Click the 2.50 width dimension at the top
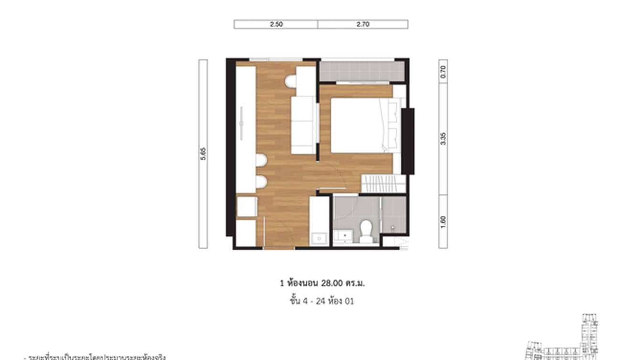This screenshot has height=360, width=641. [x=276, y=24]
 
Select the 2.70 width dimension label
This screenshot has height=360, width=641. [x=363, y=24]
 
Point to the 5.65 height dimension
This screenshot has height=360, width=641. [x=203, y=154]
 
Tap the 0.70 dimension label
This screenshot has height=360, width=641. [x=443, y=71]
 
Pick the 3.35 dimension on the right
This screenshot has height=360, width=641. [x=443, y=139]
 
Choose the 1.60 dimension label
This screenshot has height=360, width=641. [x=443, y=221]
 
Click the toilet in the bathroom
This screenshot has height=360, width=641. [x=366, y=230]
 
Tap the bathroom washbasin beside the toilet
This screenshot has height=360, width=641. [x=342, y=235]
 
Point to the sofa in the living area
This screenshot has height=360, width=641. [x=303, y=125]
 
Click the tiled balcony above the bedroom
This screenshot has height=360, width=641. [x=362, y=72]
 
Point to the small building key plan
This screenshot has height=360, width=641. [x=573, y=339]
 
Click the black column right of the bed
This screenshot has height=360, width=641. [x=407, y=141]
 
